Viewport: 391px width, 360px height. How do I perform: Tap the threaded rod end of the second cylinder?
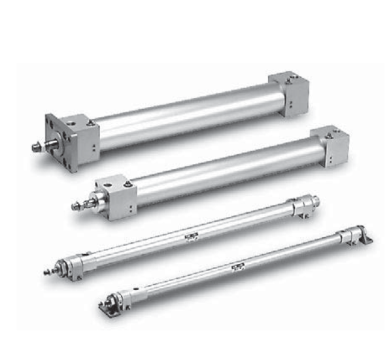[77, 208]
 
